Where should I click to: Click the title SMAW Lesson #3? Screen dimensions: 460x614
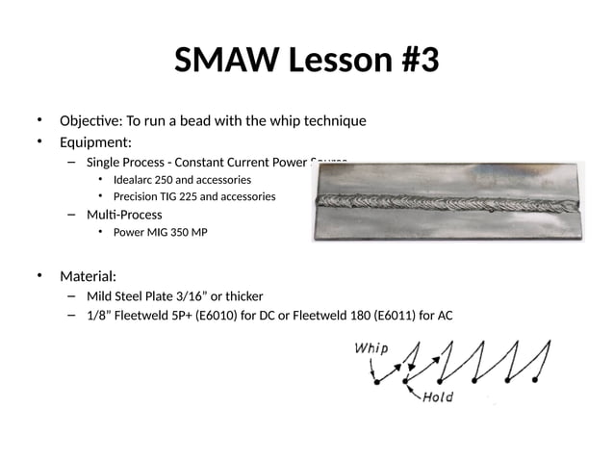click(x=307, y=62)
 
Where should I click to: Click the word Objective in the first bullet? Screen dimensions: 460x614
click(x=86, y=121)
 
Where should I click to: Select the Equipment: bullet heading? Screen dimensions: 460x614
click(x=95, y=143)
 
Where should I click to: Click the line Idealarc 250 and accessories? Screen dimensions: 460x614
click(x=182, y=180)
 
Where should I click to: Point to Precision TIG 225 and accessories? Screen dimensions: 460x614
click(x=193, y=196)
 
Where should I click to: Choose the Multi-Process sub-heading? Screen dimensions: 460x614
click(x=124, y=214)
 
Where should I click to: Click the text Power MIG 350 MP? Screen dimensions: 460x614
click(x=160, y=233)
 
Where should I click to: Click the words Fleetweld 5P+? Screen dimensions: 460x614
click(x=158, y=316)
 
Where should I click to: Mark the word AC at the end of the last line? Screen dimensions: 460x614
click(x=444, y=316)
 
